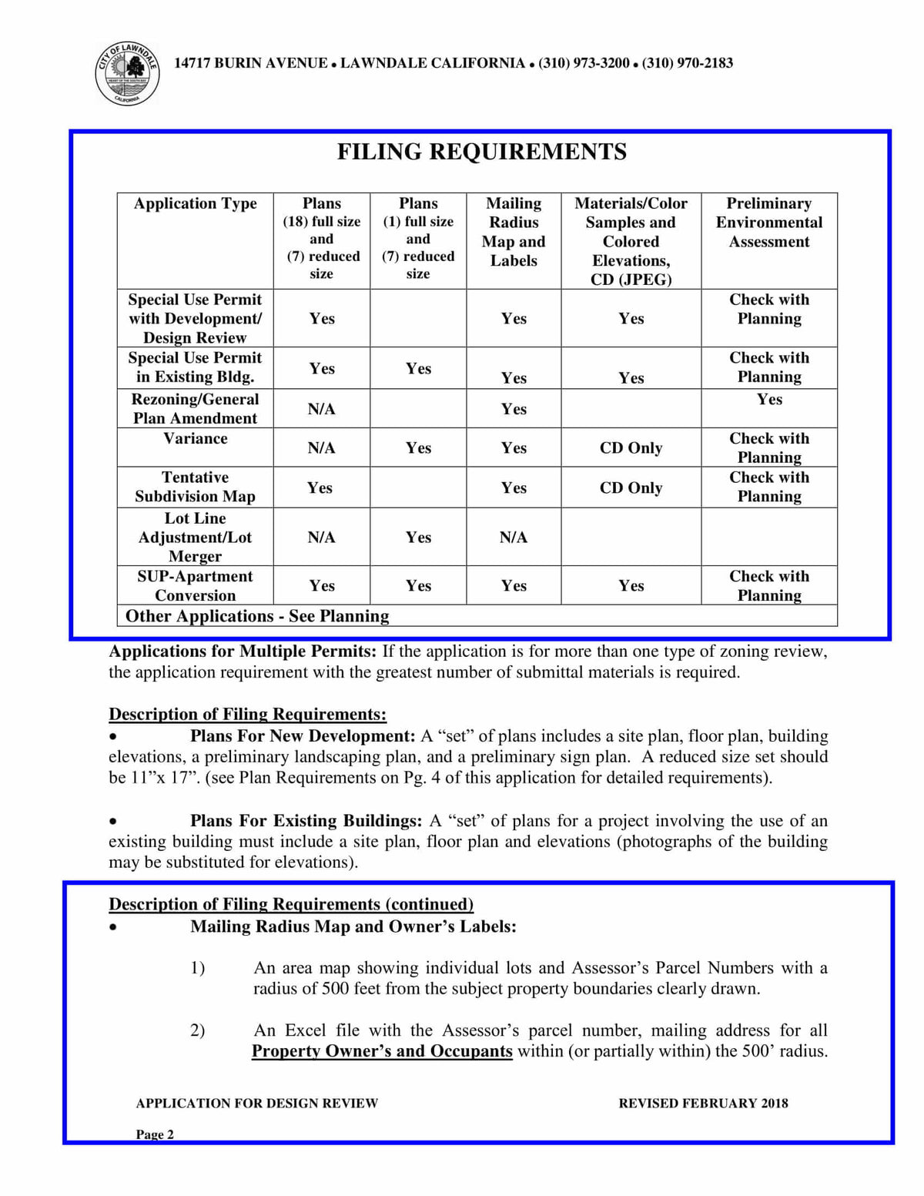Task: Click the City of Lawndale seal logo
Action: tap(127, 74)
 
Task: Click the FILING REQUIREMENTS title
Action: tap(481, 152)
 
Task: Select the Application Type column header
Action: tap(195, 203)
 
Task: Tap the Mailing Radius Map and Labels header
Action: tap(514, 231)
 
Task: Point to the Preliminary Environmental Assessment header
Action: tap(768, 222)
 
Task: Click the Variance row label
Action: tap(195, 438)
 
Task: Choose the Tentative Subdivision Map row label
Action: tap(195, 487)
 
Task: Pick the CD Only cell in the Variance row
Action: tap(631, 447)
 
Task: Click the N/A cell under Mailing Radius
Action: tap(514, 537)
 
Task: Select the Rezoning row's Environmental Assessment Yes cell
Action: tap(769, 399)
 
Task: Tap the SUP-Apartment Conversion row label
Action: tap(195, 585)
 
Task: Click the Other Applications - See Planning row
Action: tap(257, 616)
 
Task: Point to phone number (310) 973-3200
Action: tap(584, 63)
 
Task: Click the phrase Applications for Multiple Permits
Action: tap(243, 652)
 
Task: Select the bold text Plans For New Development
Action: tap(303, 736)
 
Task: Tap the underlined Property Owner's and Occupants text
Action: tap(382, 1051)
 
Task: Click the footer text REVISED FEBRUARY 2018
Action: tap(703, 1104)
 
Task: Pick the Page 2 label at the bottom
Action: tap(155, 1134)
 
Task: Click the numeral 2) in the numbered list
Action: tap(198, 1030)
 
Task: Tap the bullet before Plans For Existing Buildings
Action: tap(113, 822)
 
